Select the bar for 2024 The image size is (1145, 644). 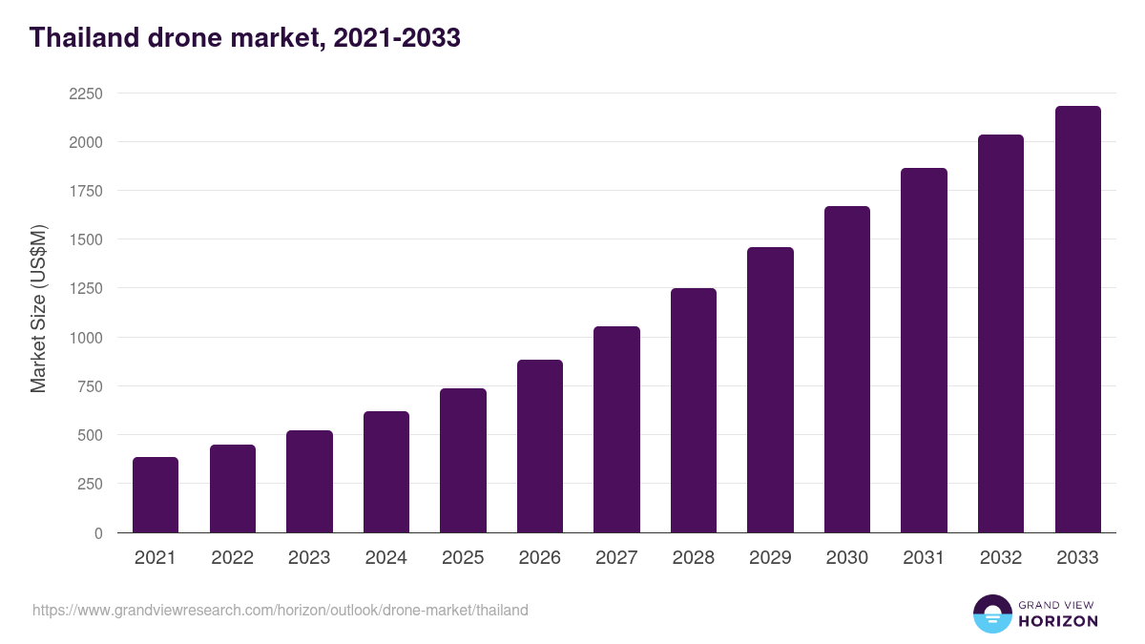click(x=386, y=471)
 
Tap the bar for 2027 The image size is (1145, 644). click(x=616, y=429)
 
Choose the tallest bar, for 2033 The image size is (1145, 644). click(x=1077, y=319)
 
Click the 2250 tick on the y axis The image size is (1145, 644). click(x=85, y=93)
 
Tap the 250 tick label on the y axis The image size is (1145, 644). click(x=89, y=484)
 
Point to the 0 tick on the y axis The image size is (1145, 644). click(x=98, y=533)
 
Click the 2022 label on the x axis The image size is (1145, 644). click(x=232, y=558)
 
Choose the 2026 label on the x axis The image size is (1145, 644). click(x=540, y=558)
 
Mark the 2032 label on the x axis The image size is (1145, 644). click(x=1001, y=558)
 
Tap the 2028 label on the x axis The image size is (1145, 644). click(x=694, y=558)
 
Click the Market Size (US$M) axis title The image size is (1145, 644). click(x=38, y=309)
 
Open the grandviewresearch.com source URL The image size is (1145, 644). click(x=280, y=610)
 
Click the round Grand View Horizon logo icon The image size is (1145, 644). click(x=991, y=613)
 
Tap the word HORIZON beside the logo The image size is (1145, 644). click(x=1058, y=621)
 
